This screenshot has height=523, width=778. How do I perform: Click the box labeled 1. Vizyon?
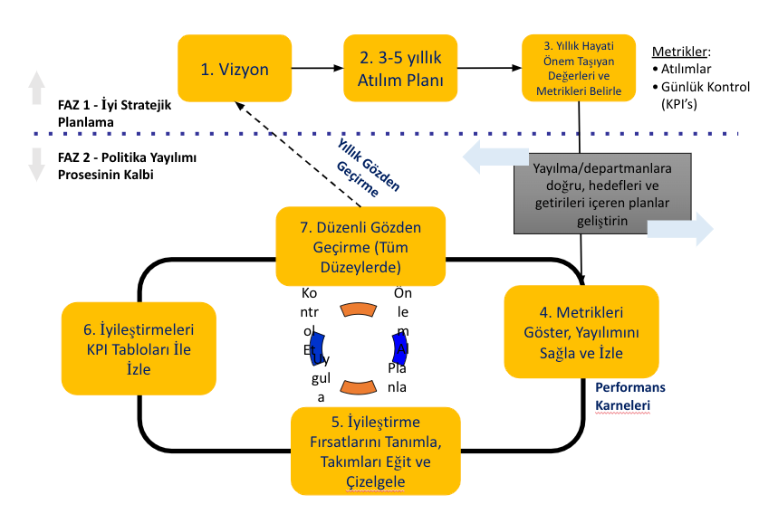235,69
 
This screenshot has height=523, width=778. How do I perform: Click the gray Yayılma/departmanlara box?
601,195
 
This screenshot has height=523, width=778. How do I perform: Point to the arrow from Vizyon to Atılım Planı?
317,69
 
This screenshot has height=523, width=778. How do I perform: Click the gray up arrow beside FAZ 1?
36,88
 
